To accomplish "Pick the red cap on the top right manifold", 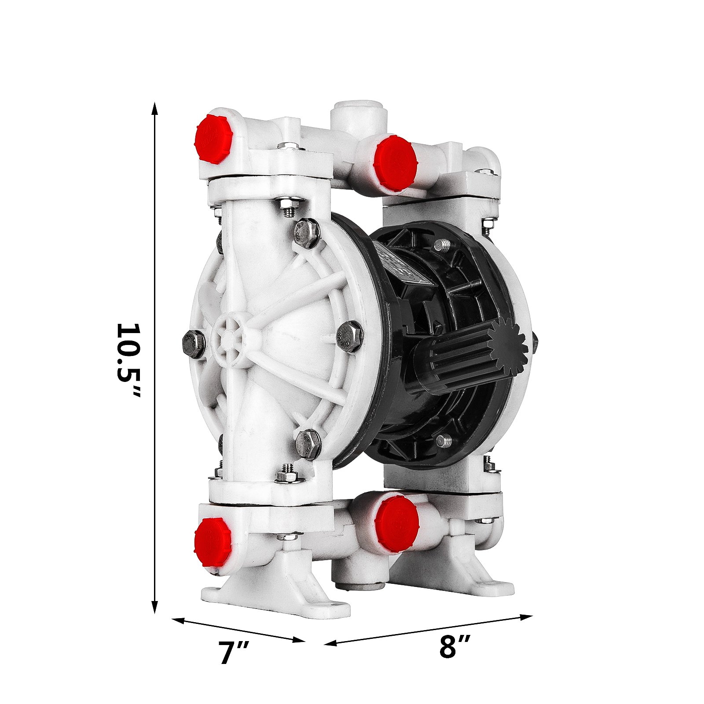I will (395, 163).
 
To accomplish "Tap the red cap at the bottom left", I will (213, 542).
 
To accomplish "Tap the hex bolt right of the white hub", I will (349, 336).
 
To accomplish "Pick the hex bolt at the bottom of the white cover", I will (308, 445).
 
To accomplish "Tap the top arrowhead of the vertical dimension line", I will (154, 108).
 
